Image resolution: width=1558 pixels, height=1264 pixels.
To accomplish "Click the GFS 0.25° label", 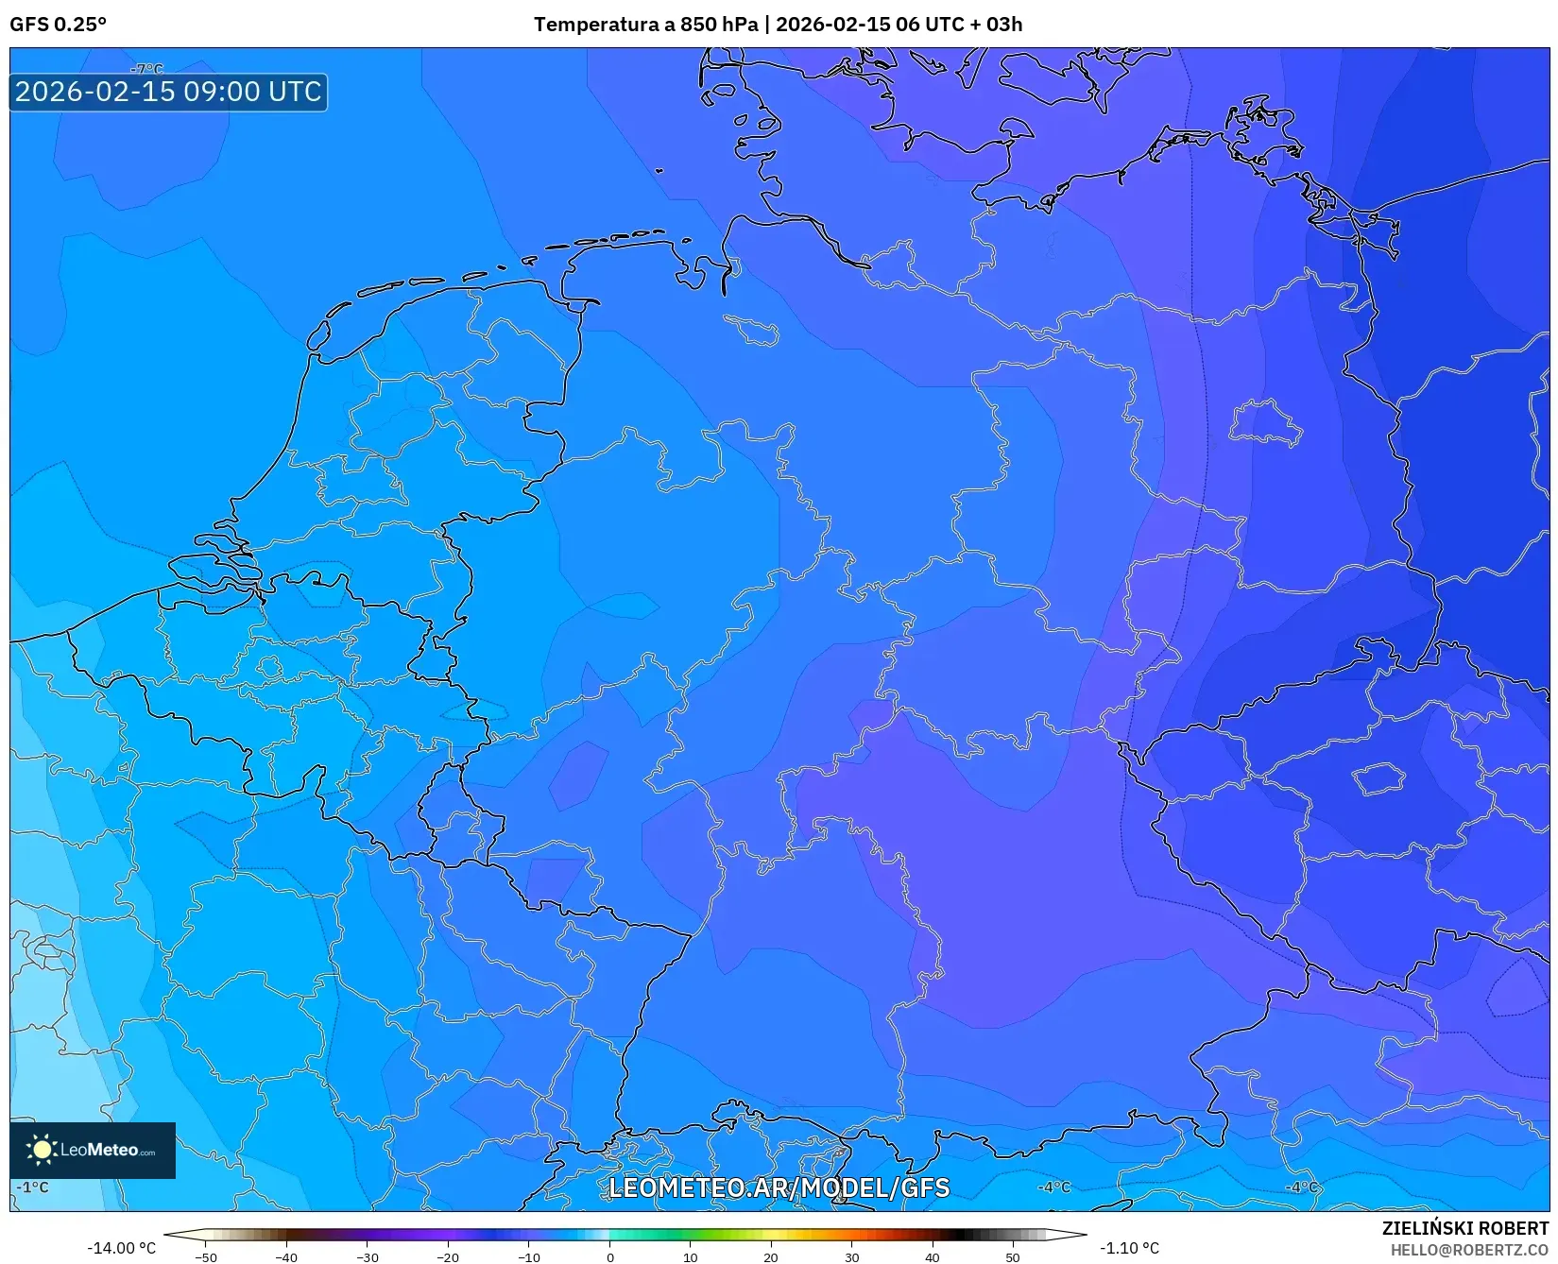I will pos(58,25).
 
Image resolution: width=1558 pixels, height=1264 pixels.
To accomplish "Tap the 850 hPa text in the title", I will pos(718,25).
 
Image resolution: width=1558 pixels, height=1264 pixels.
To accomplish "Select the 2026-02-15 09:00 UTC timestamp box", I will pos(168,93).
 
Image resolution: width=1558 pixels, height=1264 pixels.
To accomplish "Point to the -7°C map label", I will pos(146,69).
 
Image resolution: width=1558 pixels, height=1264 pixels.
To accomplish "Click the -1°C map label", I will pos(33,1187).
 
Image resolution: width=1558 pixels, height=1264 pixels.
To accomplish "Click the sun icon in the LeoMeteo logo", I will pos(42,1150).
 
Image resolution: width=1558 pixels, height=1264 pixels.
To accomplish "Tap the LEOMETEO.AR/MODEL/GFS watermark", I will pos(779,1187).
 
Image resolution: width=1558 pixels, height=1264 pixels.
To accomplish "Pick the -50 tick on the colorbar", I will pos(206,1257).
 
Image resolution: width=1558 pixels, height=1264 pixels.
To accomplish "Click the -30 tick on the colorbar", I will pos(368,1257).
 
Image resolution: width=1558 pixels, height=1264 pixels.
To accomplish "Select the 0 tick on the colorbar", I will pos(610,1257).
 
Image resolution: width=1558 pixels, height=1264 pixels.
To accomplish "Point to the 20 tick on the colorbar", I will pos(771,1257).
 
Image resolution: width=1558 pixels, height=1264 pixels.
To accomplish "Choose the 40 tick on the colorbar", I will pos(933,1257).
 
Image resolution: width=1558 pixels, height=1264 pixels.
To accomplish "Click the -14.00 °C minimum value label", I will pos(121,1248).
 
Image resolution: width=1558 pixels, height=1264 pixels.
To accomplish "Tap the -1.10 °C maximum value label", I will pos(1129,1248).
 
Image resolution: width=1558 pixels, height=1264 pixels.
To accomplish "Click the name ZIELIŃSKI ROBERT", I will pos(1465,1228).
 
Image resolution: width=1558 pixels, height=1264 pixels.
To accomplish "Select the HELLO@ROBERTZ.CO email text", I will pos(1469,1250).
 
